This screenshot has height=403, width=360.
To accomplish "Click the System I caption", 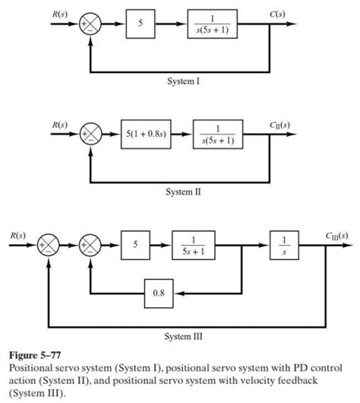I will (x=184, y=82).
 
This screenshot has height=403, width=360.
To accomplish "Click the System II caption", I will (x=184, y=193).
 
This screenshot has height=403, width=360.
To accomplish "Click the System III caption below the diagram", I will (x=182, y=334).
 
